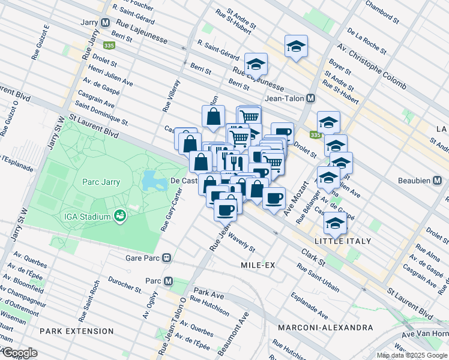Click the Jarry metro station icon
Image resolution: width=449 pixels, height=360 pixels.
pyautogui.click(x=106, y=23)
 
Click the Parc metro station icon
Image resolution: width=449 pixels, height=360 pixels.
pyautogui.click(x=169, y=280)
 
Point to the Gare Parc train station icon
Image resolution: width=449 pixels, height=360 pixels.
pyautogui.click(x=169, y=258)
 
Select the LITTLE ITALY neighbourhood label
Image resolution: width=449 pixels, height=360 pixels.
pyautogui.click(x=337, y=241)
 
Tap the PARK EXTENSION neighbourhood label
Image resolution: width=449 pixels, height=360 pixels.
pyautogui.click(x=76, y=331)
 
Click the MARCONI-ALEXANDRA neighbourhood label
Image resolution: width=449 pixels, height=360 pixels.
pyautogui.click(x=325, y=328)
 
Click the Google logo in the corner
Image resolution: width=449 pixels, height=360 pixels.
pyautogui.click(x=19, y=353)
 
